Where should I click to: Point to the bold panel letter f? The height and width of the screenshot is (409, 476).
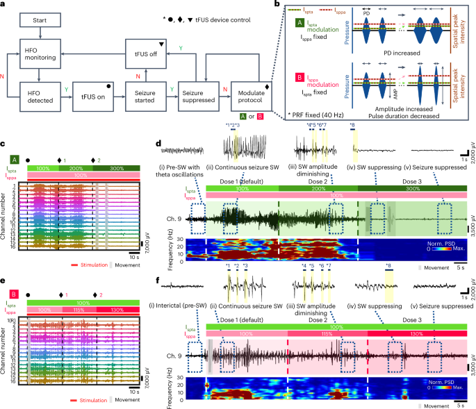click(x=160, y=283)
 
